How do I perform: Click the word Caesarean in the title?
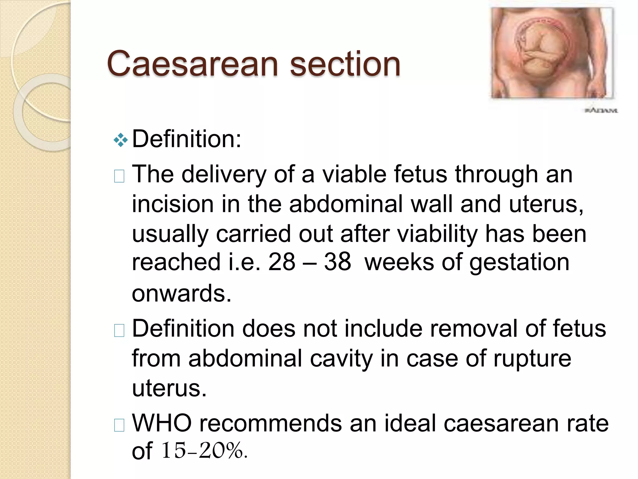192,64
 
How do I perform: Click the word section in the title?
345,64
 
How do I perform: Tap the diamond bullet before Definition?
121,140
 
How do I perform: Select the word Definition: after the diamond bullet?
187,139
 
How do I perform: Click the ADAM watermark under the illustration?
601,110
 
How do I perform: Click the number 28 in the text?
281,262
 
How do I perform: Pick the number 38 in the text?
337,262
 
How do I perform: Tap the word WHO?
162,423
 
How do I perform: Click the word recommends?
270,423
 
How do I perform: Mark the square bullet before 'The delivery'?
119,176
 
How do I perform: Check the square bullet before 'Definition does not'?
119,331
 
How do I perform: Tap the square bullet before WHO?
119,425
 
